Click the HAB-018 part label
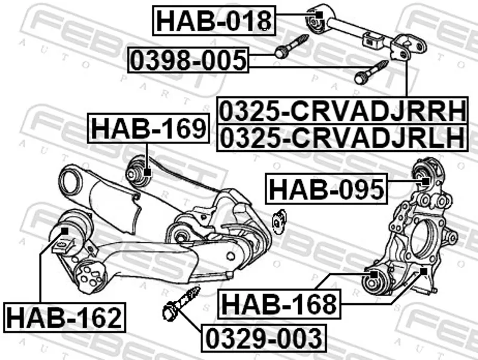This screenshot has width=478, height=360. (x=214, y=20)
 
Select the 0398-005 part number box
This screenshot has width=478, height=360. (x=188, y=60)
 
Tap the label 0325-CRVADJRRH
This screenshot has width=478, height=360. (x=342, y=110)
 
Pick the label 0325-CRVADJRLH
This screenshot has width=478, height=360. (x=342, y=138)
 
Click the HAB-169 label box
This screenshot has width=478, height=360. (x=149, y=128)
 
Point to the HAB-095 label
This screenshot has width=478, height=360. (x=326, y=188)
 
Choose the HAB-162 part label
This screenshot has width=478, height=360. (x=65, y=318)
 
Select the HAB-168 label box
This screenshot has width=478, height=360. (x=279, y=304)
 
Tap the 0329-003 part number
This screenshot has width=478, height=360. (x=263, y=337)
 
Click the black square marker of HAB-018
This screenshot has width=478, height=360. (x=319, y=15)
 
